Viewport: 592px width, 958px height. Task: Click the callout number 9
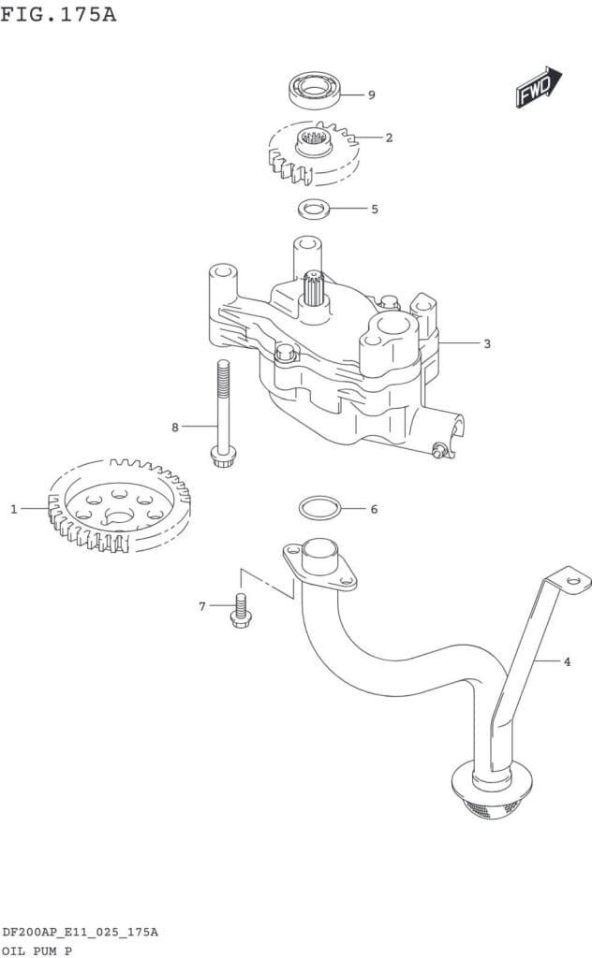[x=371, y=95]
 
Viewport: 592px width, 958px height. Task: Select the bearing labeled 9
[x=312, y=91]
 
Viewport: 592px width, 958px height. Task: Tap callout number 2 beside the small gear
[x=389, y=138]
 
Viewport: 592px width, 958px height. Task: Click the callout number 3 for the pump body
[x=487, y=343]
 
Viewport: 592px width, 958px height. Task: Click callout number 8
[x=174, y=428]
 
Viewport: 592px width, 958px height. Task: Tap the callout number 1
[x=14, y=509]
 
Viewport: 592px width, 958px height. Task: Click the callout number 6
[x=374, y=510]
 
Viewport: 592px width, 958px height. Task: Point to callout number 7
[x=201, y=607]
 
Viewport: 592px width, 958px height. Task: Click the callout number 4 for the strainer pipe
[x=567, y=662]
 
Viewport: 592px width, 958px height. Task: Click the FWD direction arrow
[x=537, y=87]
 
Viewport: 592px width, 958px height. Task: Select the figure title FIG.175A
[x=58, y=14]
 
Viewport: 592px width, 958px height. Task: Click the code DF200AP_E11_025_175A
[x=80, y=932]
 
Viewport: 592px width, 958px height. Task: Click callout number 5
[x=374, y=210]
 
